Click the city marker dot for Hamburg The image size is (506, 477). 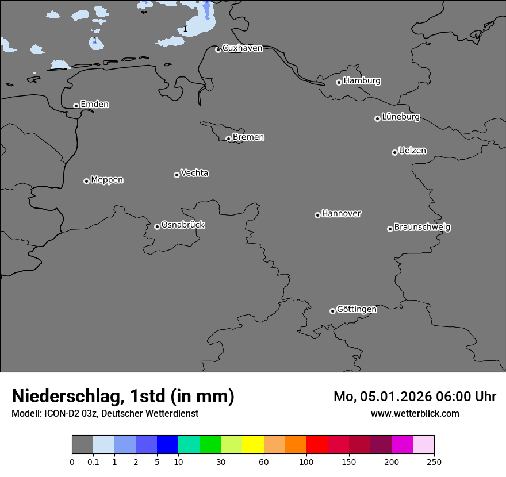(339, 82)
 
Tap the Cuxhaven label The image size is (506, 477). (242, 48)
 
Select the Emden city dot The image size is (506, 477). (76, 106)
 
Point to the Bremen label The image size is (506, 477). (248, 137)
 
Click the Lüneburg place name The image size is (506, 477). (401, 117)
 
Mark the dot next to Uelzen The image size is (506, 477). (394, 152)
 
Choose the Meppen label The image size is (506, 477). (107, 180)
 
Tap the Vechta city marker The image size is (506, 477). (177, 175)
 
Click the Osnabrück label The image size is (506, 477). (183, 225)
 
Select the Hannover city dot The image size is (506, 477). (317, 215)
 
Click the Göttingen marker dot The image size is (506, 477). (332, 311)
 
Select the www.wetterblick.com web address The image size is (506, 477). (415, 414)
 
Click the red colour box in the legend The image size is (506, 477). (317, 445)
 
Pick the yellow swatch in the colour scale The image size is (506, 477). (253, 445)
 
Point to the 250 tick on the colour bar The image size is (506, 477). (434, 461)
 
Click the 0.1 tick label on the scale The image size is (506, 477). (93, 461)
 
